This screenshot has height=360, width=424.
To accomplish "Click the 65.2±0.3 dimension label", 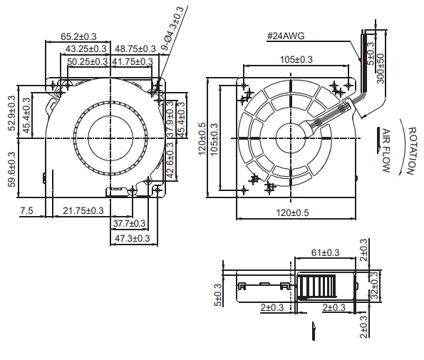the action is pyautogui.click(x=78, y=36).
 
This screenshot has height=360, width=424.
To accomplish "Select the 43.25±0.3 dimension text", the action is pyautogui.click(x=86, y=49).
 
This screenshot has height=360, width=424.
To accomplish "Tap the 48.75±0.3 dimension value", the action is pyautogui.click(x=135, y=49).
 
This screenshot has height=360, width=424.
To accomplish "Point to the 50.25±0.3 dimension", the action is pyautogui.click(x=88, y=62).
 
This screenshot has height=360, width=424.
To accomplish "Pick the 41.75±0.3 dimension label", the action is pyautogui.click(x=133, y=62).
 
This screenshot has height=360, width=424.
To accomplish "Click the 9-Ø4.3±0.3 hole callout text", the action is pyautogui.click(x=172, y=28).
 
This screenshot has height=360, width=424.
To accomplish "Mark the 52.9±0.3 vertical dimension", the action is pyautogui.click(x=12, y=113).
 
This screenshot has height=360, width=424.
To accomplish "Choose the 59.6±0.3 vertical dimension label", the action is pyautogui.click(x=12, y=170).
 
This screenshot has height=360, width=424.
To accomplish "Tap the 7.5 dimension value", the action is pyautogui.click(x=26, y=210).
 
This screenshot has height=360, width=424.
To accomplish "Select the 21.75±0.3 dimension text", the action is pyautogui.click(x=83, y=210).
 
